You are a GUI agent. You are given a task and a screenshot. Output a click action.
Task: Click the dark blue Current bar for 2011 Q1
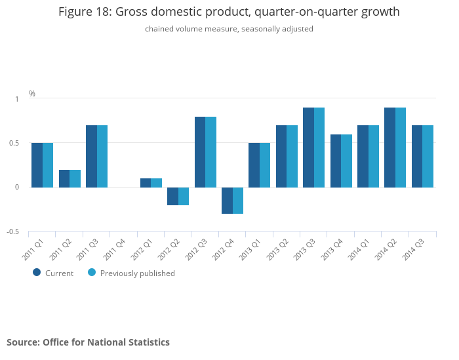(37, 165)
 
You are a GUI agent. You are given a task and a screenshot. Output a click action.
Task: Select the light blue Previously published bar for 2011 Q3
(102, 156)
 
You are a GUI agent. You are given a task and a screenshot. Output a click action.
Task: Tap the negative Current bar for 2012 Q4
(227, 201)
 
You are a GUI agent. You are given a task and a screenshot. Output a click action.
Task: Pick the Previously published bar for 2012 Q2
(184, 196)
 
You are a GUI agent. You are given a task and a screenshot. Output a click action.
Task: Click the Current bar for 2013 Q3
(308, 148)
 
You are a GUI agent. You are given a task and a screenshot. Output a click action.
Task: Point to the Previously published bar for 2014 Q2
(401, 148)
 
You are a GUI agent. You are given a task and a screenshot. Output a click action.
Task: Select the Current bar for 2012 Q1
(146, 183)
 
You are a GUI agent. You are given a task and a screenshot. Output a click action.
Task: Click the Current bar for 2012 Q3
(200, 152)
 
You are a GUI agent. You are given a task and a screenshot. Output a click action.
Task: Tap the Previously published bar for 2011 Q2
(75, 178)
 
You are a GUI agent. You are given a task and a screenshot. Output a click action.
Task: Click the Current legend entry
(53, 273)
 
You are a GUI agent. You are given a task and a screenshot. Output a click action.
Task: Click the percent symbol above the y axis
(32, 94)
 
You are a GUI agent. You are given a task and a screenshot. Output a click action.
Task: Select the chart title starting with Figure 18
(229, 12)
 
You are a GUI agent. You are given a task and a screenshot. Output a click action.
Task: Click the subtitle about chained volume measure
(229, 29)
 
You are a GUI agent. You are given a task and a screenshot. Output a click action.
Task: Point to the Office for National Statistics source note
(88, 342)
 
